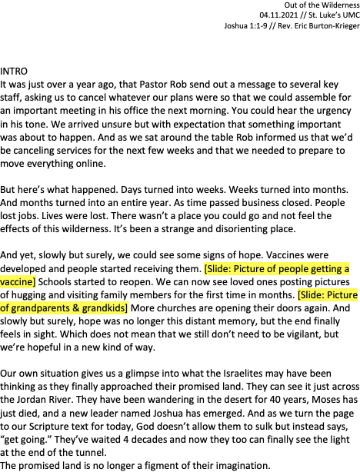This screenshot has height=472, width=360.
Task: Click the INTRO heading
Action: point(14,71)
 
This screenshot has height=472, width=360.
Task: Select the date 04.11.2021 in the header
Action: point(278,15)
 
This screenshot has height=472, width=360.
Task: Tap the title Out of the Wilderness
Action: point(322,5)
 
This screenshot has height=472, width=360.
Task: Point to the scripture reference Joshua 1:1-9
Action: point(246,26)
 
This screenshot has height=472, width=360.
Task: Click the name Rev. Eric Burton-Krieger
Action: point(318,26)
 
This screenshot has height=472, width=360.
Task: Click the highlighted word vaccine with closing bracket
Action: point(18,282)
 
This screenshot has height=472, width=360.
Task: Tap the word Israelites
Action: point(243,374)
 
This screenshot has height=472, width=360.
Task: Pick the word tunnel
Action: point(90,453)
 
